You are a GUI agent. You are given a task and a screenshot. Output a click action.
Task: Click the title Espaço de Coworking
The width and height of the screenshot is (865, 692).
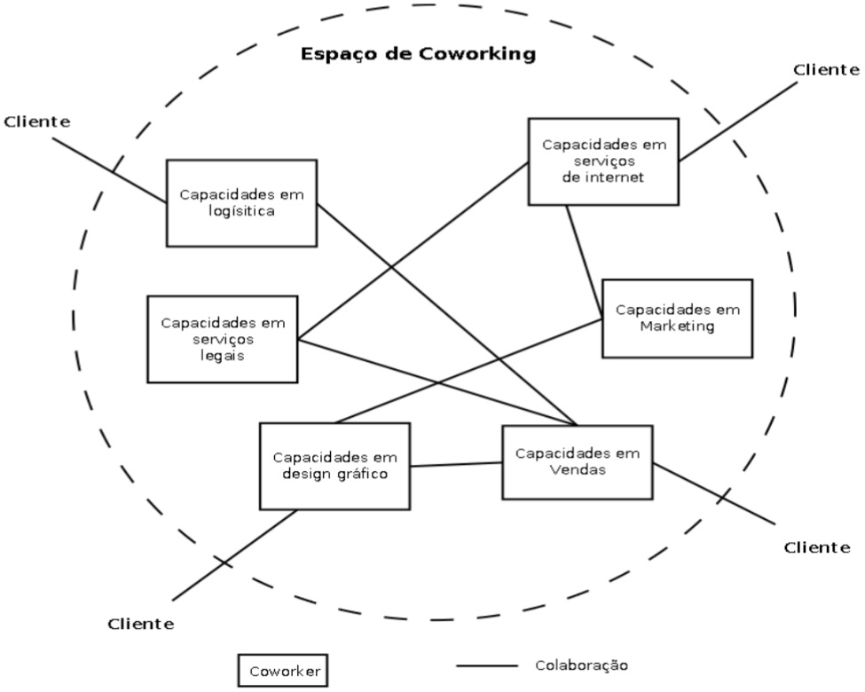419,54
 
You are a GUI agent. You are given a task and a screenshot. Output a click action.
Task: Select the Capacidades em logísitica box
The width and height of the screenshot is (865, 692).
241,202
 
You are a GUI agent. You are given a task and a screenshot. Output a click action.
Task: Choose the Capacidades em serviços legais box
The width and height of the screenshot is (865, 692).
223,339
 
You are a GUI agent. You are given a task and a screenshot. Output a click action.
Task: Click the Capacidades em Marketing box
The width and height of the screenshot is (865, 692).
677,318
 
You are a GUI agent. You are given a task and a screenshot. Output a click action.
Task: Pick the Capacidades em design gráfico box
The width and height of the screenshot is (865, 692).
334,465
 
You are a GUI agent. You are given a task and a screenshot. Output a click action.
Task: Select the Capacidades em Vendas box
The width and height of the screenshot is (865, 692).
577,461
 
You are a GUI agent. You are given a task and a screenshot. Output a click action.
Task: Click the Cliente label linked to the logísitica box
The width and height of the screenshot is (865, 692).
36,122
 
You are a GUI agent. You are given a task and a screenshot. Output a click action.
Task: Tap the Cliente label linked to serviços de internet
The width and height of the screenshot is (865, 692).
826,69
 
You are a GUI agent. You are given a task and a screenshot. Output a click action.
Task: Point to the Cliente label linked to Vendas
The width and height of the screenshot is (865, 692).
816,547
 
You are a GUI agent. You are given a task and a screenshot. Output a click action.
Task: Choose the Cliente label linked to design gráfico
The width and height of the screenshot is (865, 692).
141,624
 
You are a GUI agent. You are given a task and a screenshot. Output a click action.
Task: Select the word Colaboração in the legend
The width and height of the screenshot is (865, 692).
581,664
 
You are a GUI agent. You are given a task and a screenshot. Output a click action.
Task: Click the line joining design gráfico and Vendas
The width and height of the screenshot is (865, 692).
456,464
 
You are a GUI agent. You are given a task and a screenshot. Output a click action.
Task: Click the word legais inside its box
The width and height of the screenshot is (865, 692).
223,355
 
